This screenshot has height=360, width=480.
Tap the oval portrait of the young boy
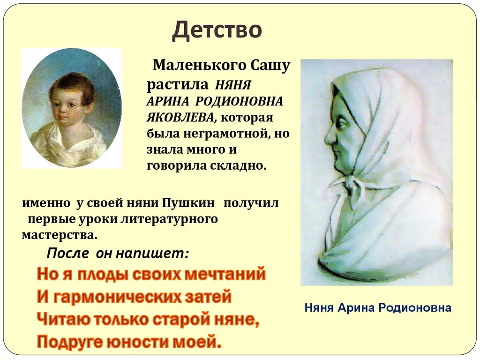[x=71, y=108]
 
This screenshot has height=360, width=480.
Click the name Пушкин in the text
[x=189, y=203]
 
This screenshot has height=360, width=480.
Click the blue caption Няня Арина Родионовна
[x=378, y=308]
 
